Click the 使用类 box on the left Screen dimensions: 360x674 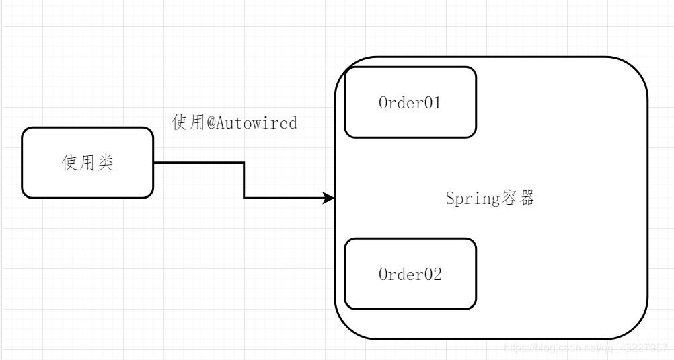[x=87, y=163]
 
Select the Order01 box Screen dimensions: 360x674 [x=410, y=102]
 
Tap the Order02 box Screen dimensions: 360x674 [x=410, y=274]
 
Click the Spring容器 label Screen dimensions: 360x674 [x=490, y=199]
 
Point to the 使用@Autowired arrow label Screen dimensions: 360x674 [x=234, y=123]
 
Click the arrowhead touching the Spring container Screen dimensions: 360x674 [x=329, y=198]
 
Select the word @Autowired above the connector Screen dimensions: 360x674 [x=252, y=123]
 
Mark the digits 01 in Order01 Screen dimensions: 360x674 [x=433, y=103]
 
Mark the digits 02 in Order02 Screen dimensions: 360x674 [x=433, y=275]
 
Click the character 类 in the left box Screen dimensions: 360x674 [x=106, y=163]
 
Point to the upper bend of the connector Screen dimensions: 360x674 [x=244, y=163]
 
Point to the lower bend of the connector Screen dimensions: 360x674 [x=244, y=198]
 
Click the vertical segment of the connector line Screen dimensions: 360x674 [x=244, y=180]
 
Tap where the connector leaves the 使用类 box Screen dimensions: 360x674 [x=155, y=163]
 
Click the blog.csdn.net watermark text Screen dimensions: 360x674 [x=585, y=348]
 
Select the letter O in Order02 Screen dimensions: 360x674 [x=383, y=275]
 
